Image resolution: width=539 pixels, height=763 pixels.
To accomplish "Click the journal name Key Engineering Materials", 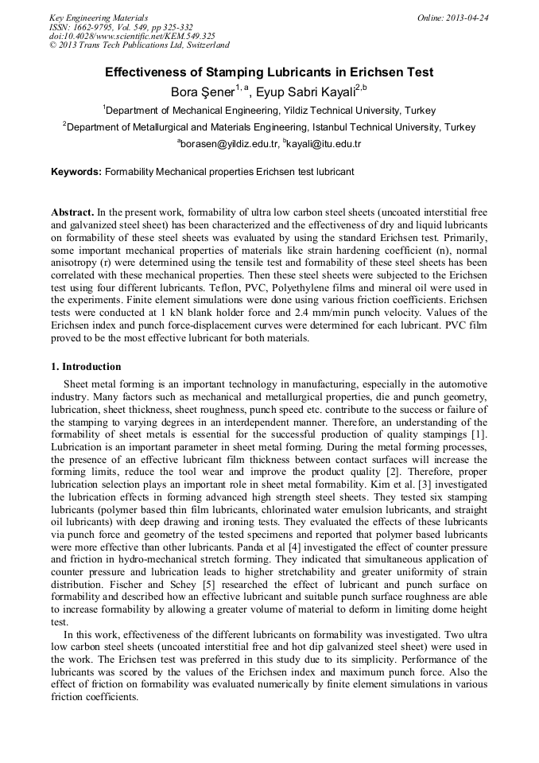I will [x=99, y=18].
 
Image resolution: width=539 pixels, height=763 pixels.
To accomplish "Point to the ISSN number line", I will [x=121, y=27].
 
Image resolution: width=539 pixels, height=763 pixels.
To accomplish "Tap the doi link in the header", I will [x=132, y=36].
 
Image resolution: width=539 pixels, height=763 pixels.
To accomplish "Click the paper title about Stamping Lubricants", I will [x=269, y=72].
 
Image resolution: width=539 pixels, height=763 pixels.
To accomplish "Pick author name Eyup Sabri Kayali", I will [x=305, y=92].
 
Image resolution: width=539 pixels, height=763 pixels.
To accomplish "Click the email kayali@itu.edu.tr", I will [x=324, y=144].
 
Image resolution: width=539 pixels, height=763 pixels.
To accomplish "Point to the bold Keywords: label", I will [x=76, y=172].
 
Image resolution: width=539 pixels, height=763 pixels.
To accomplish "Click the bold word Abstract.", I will [x=72, y=214].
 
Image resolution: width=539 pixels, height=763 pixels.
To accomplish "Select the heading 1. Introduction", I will [x=86, y=367].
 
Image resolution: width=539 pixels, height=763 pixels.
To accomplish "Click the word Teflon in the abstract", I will [x=231, y=287].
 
